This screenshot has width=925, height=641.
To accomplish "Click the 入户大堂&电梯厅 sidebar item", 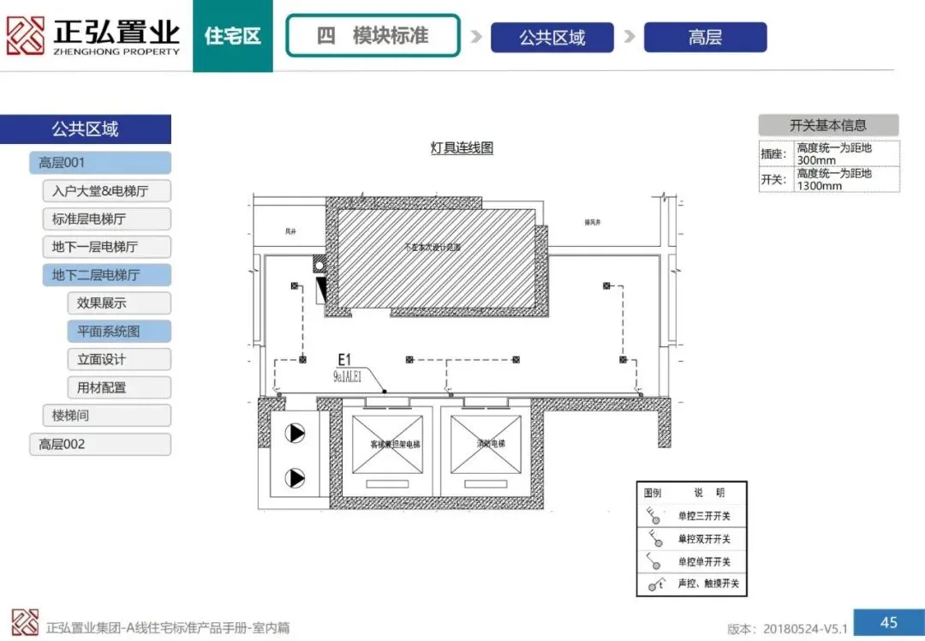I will click(106, 190).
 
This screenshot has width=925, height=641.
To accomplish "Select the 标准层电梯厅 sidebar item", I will click(106, 219).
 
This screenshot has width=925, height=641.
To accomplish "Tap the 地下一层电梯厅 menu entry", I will click(106, 247).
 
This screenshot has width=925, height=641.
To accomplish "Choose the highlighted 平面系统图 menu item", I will click(118, 332).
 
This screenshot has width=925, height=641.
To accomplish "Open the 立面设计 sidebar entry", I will click(118, 360).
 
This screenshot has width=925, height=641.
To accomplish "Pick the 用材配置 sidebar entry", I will click(118, 387).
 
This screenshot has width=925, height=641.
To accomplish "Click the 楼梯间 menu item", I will click(106, 416).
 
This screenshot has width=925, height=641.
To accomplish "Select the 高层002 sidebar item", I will click(100, 444).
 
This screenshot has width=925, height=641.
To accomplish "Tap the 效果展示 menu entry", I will click(118, 303).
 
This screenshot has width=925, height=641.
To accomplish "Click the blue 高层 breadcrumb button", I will click(705, 38).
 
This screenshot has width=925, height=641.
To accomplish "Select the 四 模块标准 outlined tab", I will click(373, 36).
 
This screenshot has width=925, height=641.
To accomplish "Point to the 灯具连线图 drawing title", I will click(462, 148).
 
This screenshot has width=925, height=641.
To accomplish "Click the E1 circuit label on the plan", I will click(345, 360).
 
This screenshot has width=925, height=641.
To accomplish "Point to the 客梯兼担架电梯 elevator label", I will click(395, 444).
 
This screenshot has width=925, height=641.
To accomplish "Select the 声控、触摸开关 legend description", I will click(707, 584).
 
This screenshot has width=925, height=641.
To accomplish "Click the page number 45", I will click(888, 621).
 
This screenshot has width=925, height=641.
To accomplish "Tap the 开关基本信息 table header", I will click(828, 125).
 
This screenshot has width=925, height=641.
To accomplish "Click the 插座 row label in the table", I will click(773, 154).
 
